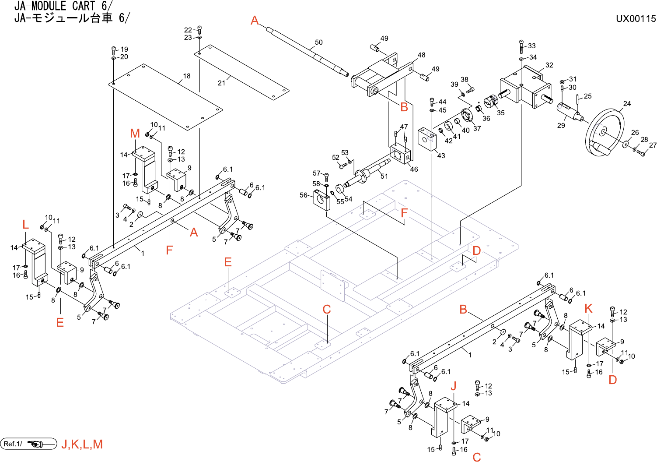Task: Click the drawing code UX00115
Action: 636,19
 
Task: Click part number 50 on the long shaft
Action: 319,42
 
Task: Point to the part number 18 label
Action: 187,76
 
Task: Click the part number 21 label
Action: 222,83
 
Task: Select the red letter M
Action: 135,134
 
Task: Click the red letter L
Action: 25,225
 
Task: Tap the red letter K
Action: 588,308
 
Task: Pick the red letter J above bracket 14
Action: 454,386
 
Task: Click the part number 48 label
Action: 421,55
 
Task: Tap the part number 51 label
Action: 384,176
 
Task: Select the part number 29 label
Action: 561,126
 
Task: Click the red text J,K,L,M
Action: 82,444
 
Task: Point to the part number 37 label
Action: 477,129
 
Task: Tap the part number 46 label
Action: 414,169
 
